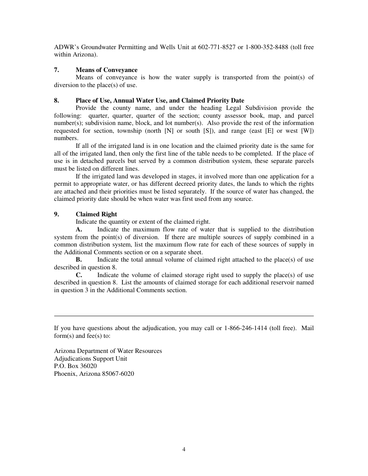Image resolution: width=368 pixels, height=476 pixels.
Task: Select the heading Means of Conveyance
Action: point(107,70)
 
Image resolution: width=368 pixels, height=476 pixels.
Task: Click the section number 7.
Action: point(56,70)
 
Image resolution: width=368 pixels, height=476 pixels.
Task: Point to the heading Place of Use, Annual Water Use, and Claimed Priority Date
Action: point(160,101)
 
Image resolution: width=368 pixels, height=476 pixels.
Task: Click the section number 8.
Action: point(56,101)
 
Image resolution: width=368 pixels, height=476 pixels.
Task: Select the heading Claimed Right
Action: point(96,214)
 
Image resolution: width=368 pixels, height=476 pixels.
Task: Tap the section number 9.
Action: point(56,214)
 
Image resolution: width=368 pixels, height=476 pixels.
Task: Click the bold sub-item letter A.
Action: point(79,229)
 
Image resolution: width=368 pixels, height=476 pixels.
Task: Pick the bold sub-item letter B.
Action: point(79,260)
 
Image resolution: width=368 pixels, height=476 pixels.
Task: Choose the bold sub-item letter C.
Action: point(79,275)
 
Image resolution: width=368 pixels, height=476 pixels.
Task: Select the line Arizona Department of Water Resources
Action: point(108,351)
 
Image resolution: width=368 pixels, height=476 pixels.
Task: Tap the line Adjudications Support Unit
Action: point(90,359)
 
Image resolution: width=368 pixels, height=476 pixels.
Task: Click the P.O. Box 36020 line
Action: point(75,366)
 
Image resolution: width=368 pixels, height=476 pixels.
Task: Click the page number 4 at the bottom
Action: point(184,449)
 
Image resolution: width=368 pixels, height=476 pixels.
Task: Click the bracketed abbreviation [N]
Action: point(169,131)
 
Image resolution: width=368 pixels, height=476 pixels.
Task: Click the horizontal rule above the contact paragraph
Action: point(184,316)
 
